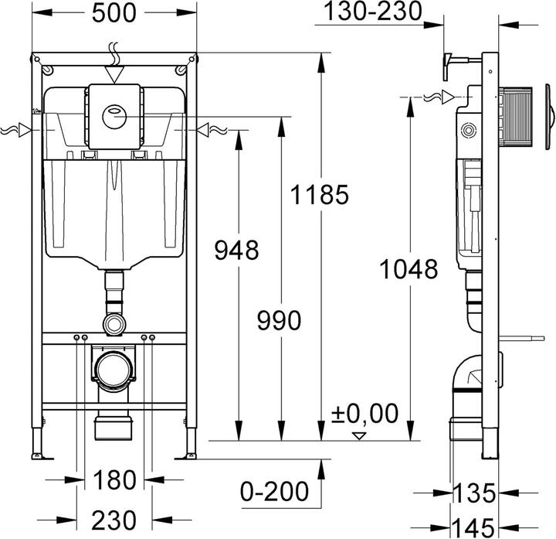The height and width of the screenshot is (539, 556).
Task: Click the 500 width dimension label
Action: point(114,14)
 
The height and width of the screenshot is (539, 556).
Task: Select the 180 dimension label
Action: point(114,481)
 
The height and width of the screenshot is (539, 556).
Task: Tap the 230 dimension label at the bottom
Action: point(114,519)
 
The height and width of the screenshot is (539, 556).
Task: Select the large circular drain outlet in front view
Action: point(114,368)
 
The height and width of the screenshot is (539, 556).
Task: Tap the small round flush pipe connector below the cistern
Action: point(114,321)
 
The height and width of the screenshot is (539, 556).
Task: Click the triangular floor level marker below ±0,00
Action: point(357,435)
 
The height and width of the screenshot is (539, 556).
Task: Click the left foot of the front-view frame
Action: point(37,447)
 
